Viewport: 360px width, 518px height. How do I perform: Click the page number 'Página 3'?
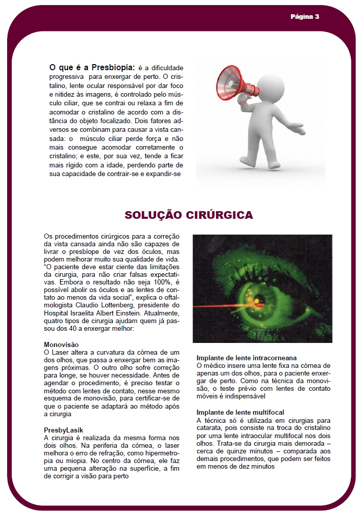coord(305,16)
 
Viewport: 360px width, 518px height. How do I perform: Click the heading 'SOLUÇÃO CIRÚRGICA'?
coord(189,215)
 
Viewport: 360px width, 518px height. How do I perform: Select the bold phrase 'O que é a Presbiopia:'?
coord(92,67)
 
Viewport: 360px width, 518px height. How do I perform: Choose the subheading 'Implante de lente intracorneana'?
coord(247,358)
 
